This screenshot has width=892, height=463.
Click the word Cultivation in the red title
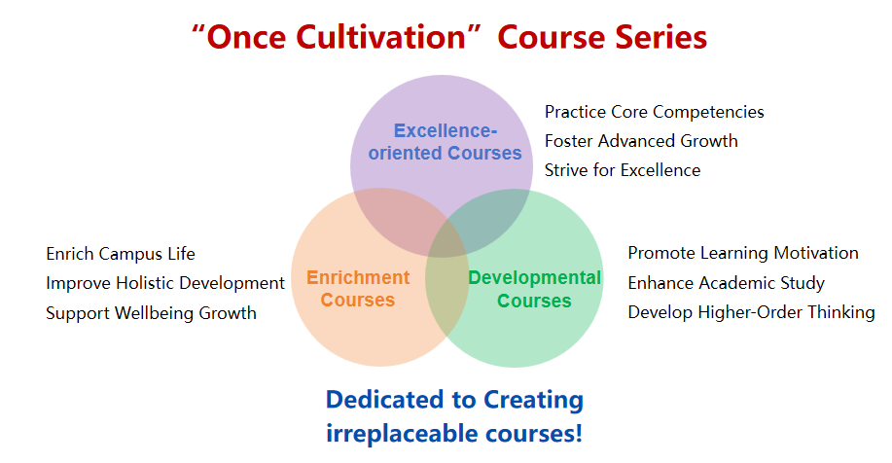[x=381, y=38]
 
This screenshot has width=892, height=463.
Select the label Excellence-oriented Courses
[x=445, y=142]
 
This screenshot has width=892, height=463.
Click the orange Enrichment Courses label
[x=358, y=288]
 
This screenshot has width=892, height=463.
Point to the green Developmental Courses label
[x=534, y=289]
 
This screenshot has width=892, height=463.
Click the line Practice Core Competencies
[x=655, y=112]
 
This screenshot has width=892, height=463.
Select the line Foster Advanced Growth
[x=641, y=141]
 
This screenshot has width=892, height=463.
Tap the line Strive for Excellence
[x=623, y=170]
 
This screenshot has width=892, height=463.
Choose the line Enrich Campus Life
[x=121, y=254]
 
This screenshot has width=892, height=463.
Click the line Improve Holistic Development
[x=165, y=283]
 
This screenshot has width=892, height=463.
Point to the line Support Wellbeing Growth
[x=151, y=313]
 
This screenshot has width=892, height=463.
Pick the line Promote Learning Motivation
[x=743, y=253]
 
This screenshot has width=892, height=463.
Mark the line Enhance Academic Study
[x=726, y=283]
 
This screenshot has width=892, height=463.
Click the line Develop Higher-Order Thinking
[x=751, y=312]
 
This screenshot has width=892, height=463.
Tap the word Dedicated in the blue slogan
[x=386, y=400]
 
